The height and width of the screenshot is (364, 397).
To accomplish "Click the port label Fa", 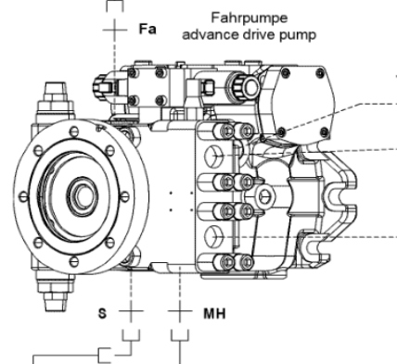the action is [x=147, y=29].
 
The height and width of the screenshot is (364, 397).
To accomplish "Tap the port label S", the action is [x=102, y=313].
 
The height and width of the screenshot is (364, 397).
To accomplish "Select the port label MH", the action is [x=214, y=313].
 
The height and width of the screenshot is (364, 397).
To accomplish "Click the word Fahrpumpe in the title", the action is [x=250, y=18].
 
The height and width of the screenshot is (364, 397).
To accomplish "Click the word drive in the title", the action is [x=259, y=34].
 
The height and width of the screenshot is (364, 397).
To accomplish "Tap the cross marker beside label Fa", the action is [x=115, y=30].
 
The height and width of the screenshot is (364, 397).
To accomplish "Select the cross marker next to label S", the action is [x=131, y=311].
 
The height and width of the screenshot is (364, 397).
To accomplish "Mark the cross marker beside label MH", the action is [x=180, y=311].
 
